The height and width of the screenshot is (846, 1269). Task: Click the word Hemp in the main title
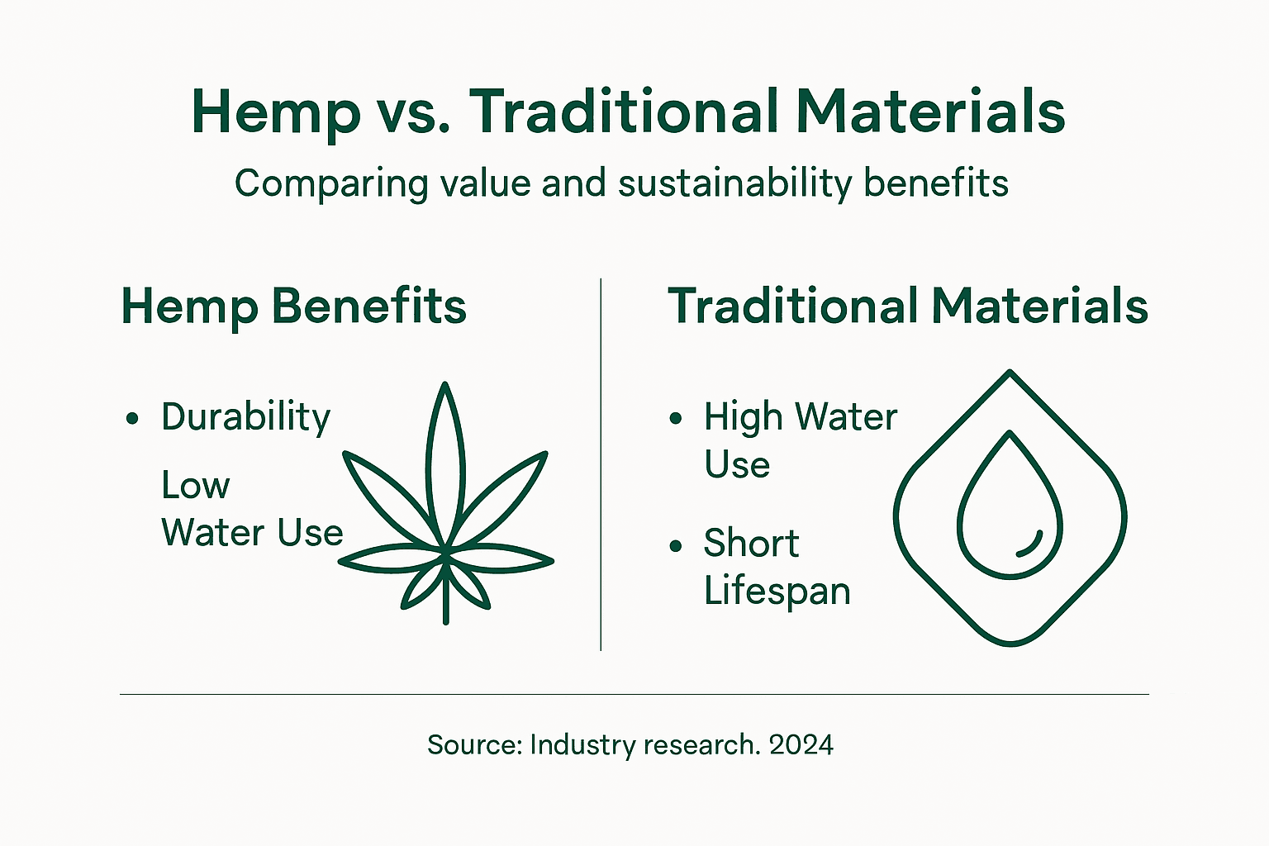coord(276,112)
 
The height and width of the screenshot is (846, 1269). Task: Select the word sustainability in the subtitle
coord(734,183)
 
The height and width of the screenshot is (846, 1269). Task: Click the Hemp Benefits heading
coord(293,307)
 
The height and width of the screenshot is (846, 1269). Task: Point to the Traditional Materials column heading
coord(907,307)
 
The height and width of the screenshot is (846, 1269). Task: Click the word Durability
coord(245,417)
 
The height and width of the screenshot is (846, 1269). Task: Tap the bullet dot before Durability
coord(132,420)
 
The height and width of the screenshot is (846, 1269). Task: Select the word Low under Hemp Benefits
coord(195,486)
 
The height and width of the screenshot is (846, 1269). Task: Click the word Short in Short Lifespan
coord(751,544)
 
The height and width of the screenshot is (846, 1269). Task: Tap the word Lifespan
coord(777,592)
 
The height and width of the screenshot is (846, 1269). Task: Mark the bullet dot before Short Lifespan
coord(676,546)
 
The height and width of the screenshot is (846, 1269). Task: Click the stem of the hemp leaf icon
coord(446,599)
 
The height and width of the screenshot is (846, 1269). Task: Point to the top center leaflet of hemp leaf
coord(445,463)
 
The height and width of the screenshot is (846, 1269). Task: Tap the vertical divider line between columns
coord(601,463)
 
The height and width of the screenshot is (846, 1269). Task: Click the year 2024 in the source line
coord(801,745)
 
